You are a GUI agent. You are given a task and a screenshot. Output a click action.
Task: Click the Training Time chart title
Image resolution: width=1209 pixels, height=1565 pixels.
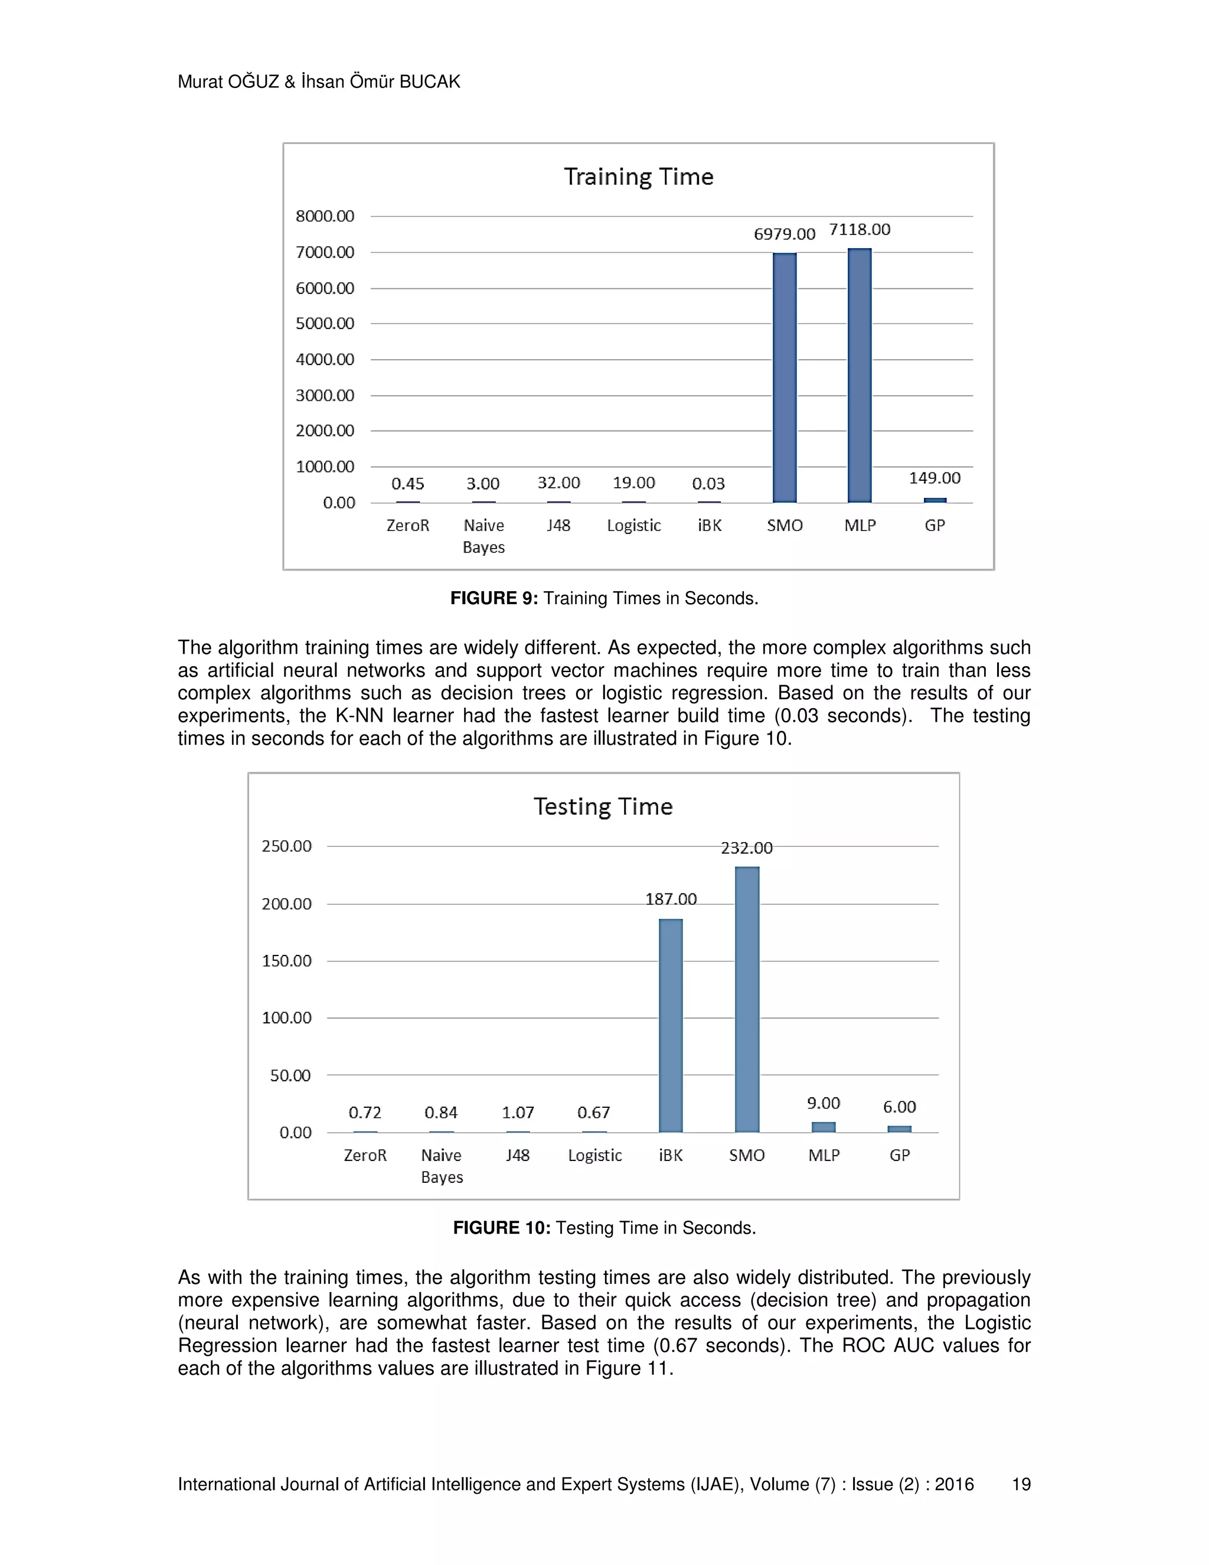point(638,177)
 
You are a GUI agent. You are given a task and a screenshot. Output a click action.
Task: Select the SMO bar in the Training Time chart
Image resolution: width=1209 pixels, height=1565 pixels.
point(785,377)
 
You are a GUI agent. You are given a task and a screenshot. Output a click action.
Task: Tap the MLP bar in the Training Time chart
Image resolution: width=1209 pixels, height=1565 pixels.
point(860,375)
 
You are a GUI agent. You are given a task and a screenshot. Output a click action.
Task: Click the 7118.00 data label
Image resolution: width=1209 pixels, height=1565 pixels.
point(860,230)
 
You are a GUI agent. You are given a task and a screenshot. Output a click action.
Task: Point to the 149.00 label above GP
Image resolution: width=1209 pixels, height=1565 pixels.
point(934,478)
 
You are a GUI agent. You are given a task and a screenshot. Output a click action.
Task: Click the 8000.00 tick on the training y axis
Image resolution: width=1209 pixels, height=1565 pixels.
point(325,216)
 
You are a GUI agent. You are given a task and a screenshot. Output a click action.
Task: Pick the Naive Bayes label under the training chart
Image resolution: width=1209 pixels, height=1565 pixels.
point(483,536)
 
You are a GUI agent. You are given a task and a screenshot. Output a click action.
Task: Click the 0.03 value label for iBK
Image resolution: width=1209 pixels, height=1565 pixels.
point(708,484)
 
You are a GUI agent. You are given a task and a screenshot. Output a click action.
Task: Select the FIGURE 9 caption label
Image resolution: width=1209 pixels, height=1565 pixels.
point(494,598)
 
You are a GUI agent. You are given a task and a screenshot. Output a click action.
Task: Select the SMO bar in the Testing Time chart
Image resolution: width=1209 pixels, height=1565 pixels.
point(747,1000)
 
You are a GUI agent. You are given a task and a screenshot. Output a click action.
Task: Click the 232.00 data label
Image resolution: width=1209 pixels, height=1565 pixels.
point(746,849)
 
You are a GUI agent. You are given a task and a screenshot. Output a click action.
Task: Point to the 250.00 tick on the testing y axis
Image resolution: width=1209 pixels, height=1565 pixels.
point(286,846)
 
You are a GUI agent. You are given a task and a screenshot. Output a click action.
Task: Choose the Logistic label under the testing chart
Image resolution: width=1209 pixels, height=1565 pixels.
point(594,1155)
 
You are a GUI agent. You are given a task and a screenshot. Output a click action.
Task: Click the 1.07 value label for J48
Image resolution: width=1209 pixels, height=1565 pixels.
point(517,1113)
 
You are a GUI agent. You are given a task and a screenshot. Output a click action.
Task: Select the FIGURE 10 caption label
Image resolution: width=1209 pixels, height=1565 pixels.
point(501,1228)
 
